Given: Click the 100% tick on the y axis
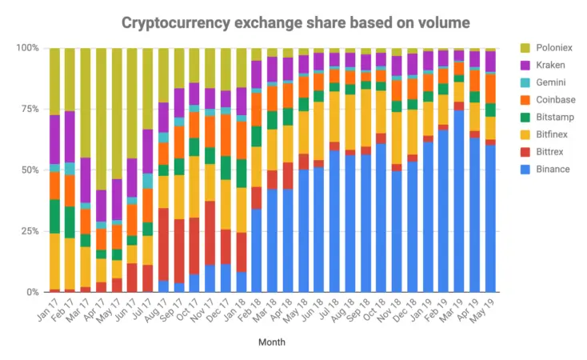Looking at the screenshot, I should click(26, 48).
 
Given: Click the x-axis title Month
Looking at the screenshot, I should click(270, 342).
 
